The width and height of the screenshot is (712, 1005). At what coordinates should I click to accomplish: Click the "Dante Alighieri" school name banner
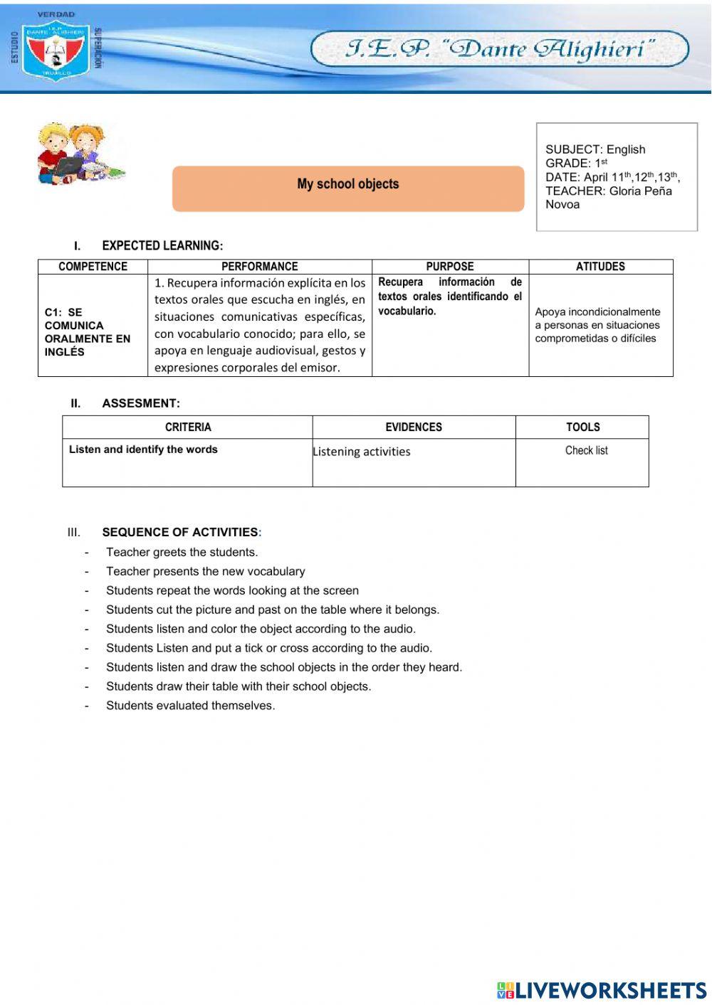(499, 49)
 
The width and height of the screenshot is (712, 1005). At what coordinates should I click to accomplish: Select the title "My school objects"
(347, 184)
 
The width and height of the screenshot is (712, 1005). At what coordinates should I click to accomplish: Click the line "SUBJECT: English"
(595, 149)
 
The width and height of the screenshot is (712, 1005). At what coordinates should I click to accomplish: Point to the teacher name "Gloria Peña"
(640, 191)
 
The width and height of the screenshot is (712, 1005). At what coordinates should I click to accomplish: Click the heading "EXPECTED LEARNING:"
(162, 246)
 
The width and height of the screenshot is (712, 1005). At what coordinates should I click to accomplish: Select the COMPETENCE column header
(93, 267)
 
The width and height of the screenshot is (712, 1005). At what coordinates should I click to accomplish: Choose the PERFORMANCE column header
(259, 267)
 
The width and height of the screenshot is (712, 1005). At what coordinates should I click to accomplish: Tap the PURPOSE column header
(449, 267)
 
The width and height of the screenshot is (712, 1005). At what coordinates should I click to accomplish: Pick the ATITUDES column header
(600, 267)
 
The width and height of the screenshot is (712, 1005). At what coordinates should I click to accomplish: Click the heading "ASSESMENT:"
(141, 403)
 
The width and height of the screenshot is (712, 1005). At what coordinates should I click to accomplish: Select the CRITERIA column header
(188, 427)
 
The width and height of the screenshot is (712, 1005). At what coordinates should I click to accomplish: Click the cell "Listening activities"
(362, 452)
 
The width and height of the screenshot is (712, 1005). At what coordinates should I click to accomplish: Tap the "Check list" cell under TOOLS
(586, 450)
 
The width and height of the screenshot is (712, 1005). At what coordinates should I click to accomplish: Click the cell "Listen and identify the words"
(143, 450)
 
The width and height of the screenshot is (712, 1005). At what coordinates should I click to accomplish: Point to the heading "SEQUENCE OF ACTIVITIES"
(180, 532)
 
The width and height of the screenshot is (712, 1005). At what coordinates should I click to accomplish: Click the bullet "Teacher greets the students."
(182, 552)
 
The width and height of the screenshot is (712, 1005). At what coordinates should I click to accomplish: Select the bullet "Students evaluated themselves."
(190, 706)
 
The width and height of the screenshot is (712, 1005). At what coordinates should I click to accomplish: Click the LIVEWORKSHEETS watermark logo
(601, 990)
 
